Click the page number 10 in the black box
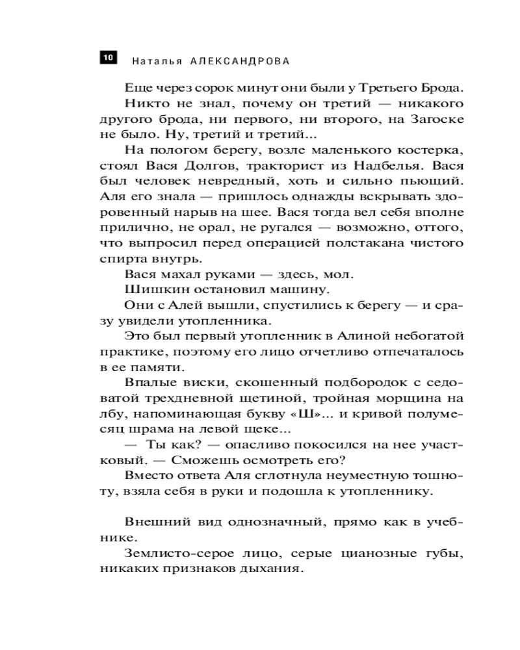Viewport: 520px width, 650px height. coord(108,58)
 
